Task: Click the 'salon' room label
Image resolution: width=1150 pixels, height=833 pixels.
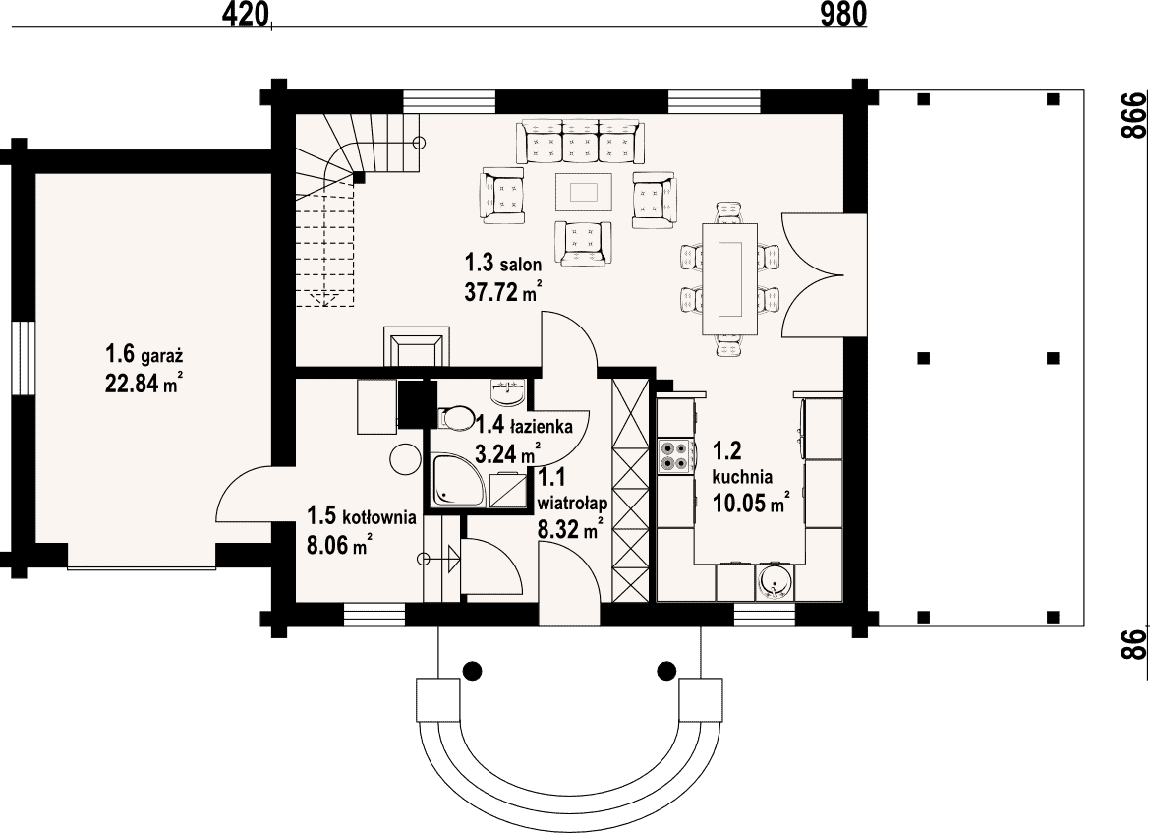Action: (x=521, y=265)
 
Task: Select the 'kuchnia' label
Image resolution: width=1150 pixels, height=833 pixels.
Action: (x=742, y=477)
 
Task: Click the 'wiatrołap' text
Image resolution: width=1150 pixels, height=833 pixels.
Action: (x=572, y=504)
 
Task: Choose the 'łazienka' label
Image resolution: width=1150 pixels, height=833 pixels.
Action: (x=545, y=424)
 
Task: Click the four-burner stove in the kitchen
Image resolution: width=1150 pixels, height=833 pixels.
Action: (x=674, y=455)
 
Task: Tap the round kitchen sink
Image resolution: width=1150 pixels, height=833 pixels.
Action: (x=773, y=583)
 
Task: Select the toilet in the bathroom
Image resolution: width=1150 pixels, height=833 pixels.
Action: (x=455, y=418)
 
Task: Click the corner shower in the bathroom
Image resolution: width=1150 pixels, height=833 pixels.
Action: (x=458, y=480)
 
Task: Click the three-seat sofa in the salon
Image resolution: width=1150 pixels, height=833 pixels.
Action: (x=579, y=142)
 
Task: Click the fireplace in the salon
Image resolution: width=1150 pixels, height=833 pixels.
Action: (x=416, y=345)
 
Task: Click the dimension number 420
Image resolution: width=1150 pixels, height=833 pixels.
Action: (x=242, y=14)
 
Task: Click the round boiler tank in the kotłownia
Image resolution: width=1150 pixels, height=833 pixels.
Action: (x=403, y=460)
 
